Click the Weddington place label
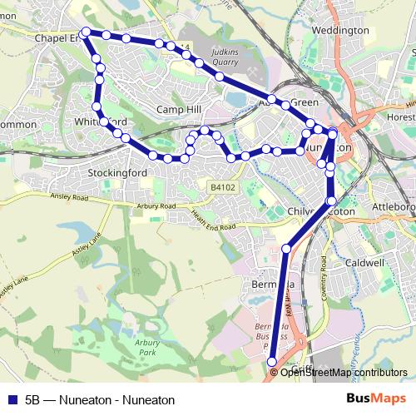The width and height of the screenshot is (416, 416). [339, 31]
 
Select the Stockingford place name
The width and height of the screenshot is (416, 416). [117, 173]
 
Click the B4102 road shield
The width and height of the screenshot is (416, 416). [223, 188]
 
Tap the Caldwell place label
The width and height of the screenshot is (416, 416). [364, 263]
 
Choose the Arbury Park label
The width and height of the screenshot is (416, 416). [146, 348]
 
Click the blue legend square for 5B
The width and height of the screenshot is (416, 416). [12, 399]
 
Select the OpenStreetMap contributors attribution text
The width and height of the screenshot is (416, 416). [344, 373]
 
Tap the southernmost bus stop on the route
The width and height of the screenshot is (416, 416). [272, 361]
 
